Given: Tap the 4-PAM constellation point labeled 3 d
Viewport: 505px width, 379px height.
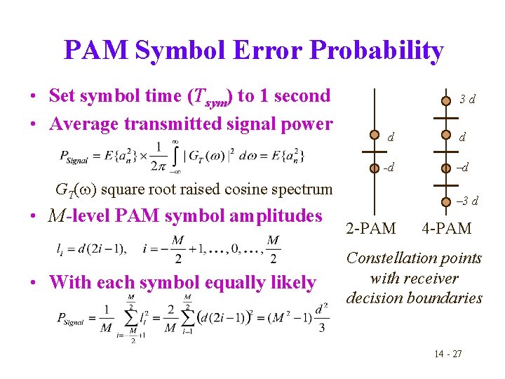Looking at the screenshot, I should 445,100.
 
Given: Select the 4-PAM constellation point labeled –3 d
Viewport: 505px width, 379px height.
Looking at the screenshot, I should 445,203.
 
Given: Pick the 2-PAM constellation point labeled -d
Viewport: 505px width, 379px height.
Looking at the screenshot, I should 375,168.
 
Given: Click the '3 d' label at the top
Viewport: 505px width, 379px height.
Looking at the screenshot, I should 467,100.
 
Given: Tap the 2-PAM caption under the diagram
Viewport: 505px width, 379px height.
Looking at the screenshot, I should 372,228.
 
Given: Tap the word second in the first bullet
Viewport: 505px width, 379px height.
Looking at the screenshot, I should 297,95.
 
